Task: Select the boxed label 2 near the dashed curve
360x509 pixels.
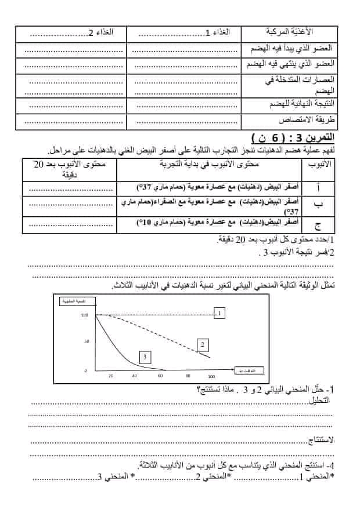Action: tap(202, 345)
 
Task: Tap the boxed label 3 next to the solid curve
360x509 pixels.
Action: tap(145, 357)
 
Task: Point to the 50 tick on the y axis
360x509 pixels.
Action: tap(86, 341)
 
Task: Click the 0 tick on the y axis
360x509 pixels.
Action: tap(86, 370)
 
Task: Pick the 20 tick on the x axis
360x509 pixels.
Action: tap(111, 376)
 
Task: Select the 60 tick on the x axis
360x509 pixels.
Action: tap(160, 376)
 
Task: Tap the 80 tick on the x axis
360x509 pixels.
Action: tap(188, 376)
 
